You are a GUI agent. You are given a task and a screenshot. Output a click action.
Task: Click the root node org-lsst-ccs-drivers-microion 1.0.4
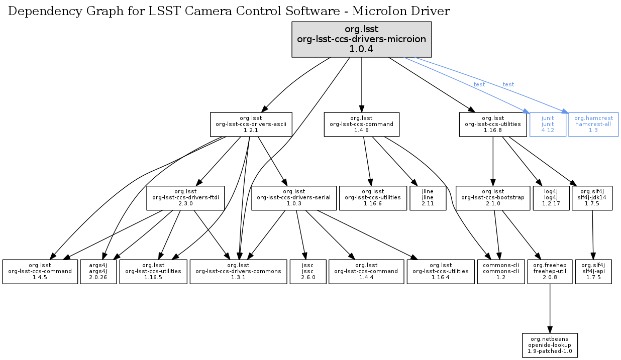pyautogui.click(x=362, y=39)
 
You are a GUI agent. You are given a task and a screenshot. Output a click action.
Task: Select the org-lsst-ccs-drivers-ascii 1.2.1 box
pyautogui.click(x=251, y=124)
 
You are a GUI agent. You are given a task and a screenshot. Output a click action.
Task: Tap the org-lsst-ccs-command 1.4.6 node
pyautogui.click(x=362, y=124)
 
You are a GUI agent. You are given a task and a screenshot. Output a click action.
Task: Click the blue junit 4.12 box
pyautogui.click(x=548, y=124)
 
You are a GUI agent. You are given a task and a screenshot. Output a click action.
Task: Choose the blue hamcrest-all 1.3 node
pyautogui.click(x=593, y=124)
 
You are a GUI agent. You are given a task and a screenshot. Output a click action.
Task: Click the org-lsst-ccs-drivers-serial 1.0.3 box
pyautogui.click(x=293, y=198)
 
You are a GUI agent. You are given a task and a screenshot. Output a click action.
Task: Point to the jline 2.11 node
pyautogui.click(x=428, y=198)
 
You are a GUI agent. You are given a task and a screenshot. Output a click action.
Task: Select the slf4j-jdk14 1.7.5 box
pyautogui.click(x=592, y=198)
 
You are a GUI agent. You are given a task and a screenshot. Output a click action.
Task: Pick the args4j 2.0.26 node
pyautogui.click(x=98, y=271)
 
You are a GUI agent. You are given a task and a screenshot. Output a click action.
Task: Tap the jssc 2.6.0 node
pyautogui.click(x=308, y=271)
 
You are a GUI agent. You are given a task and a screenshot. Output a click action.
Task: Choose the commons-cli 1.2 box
pyautogui.click(x=500, y=271)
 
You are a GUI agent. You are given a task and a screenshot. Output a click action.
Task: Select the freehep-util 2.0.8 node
pyautogui.click(x=550, y=271)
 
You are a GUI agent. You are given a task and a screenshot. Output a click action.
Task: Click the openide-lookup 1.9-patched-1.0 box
pyautogui.click(x=550, y=345)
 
